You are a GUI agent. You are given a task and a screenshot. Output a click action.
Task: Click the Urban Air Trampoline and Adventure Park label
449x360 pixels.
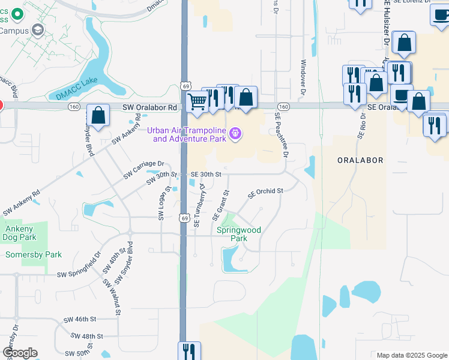[189, 135]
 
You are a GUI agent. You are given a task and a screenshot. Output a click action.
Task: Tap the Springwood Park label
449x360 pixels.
[238, 234]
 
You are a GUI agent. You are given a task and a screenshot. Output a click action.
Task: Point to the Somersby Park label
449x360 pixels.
[33, 254]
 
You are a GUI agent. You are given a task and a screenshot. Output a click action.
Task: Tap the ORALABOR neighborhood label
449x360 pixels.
[360, 161]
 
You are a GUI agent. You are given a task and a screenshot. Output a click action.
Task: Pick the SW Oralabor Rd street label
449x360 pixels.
[150, 107]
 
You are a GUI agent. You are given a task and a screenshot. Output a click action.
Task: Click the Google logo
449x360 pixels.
[19, 353]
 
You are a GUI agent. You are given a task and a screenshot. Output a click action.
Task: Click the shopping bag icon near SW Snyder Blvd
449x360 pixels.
[98, 115]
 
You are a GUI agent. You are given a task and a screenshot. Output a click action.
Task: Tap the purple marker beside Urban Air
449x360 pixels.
[235, 133]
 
